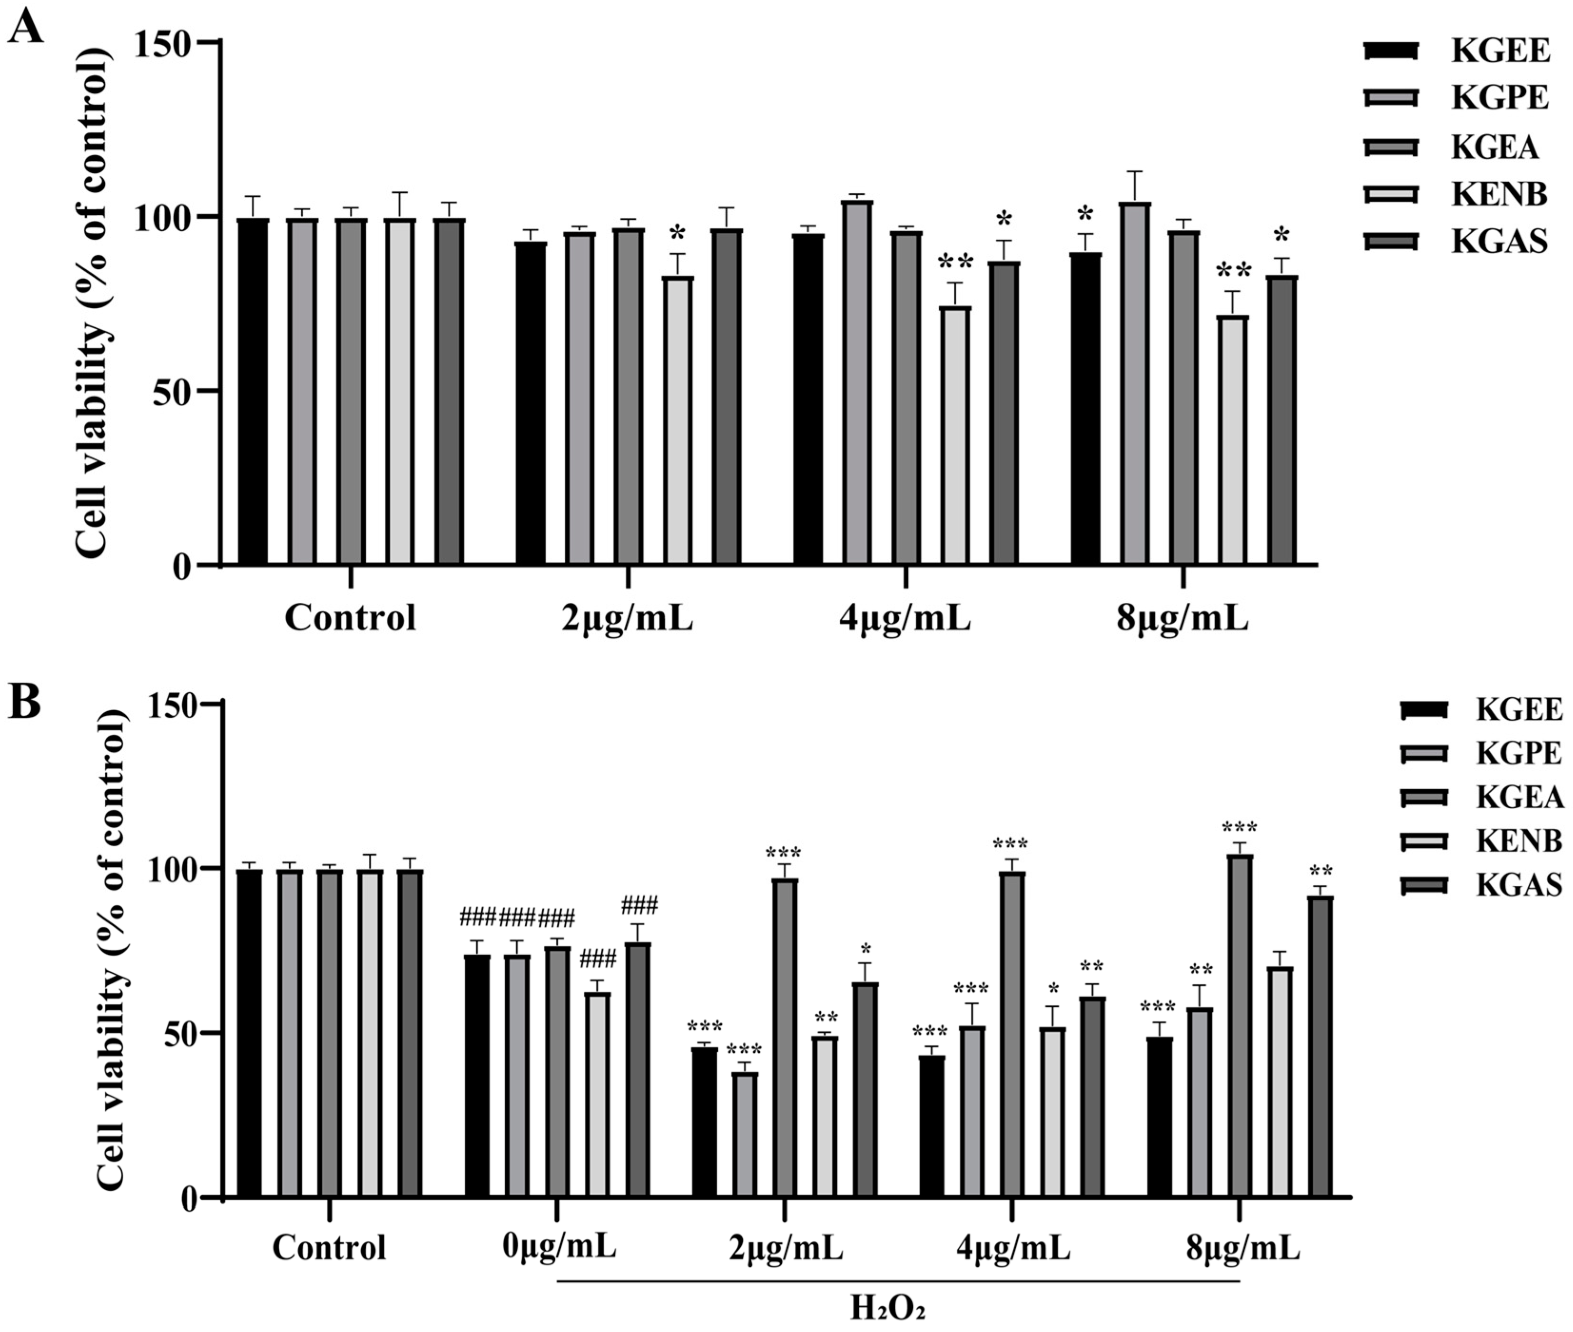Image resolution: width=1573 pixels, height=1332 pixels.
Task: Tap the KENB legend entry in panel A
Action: click(1499, 195)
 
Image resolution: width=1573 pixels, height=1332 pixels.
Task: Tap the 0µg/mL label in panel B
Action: click(559, 1247)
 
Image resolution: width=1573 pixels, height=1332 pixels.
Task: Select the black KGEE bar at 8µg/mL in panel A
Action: click(1085, 408)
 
